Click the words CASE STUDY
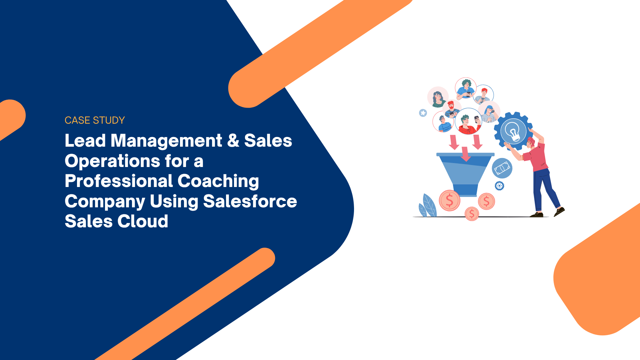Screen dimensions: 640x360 [x=95, y=120]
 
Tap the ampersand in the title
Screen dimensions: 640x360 [x=233, y=140]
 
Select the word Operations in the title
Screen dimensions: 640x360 [x=112, y=162]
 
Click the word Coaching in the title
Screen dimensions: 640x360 [x=218, y=182]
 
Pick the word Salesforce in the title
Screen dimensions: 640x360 [x=250, y=201]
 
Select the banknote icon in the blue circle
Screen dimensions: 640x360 [x=502, y=168]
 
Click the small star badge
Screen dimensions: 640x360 [x=423, y=113]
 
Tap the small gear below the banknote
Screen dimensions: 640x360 [x=499, y=186]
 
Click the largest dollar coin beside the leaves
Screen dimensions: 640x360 [x=450, y=201]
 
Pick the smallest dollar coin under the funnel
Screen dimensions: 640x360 [x=472, y=214]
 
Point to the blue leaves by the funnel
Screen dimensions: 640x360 [x=428, y=205]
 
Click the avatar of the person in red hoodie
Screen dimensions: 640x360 [x=468, y=121]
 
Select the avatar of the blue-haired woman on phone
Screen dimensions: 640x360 [x=489, y=112]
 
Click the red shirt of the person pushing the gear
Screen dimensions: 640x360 [x=536, y=157]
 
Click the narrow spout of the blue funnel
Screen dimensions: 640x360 [x=466, y=190]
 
